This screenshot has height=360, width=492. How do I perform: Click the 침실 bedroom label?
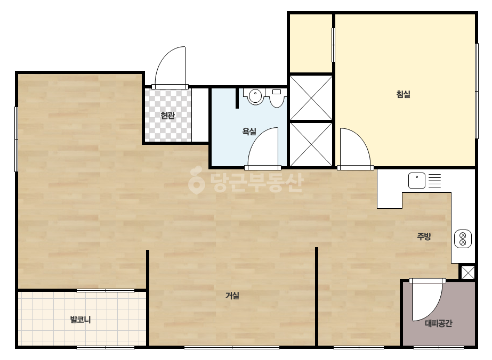click(x=403, y=94)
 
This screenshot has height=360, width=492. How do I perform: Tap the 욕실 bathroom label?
click(x=249, y=132)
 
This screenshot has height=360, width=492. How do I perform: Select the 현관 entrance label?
click(x=167, y=116)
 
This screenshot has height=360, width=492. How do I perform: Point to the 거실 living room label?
click(x=232, y=296)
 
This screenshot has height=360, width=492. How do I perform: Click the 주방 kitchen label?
click(x=424, y=236)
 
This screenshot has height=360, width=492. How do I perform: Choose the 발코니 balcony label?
click(x=80, y=320)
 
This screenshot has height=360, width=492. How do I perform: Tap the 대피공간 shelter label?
click(x=439, y=323)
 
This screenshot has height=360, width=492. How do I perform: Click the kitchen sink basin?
click(x=417, y=181)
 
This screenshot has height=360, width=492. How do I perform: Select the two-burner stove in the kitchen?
click(x=463, y=239)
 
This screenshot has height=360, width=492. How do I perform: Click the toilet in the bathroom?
click(x=277, y=97)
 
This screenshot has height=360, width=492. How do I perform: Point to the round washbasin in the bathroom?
click(x=256, y=96)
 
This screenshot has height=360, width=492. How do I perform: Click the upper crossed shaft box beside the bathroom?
click(x=311, y=97)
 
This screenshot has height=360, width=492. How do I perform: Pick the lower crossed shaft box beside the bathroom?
click(x=311, y=144)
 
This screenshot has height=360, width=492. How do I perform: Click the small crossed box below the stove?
click(x=468, y=273)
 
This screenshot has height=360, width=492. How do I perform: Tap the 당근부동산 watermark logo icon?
click(x=196, y=180)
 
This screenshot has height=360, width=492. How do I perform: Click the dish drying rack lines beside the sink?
click(x=434, y=181)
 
